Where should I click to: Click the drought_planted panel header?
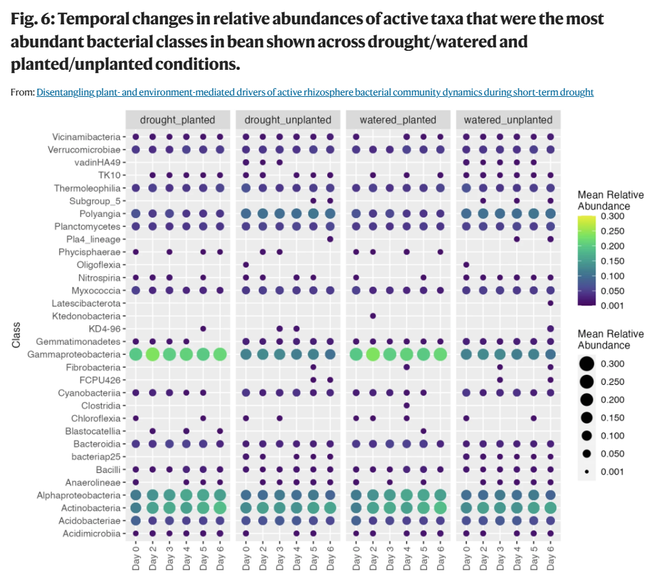tap(178, 120)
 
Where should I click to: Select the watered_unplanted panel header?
tap(508, 120)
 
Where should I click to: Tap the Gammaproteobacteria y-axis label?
tap(74, 354)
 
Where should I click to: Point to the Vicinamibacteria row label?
tap(87, 137)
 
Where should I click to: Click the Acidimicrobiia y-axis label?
tap(91, 533)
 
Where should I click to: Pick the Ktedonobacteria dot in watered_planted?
tap(373, 316)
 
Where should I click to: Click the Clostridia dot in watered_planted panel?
tap(407, 406)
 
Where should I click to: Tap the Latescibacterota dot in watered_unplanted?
tap(550, 303)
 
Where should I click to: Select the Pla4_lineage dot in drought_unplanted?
tap(330, 239)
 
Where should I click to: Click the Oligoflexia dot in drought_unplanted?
tap(246, 264)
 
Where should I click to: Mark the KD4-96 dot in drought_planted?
tap(203, 329)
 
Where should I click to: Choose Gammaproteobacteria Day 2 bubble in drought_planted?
tap(152, 354)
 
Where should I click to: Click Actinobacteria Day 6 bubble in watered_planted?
tap(440, 508)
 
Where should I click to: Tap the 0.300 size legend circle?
tap(587, 364)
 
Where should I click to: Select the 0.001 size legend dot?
tap(587, 472)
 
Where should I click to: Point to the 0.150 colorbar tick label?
tap(612, 261)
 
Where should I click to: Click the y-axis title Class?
tap(16, 335)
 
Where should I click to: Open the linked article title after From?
tap(315, 92)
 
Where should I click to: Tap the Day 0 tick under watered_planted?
tap(356, 558)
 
